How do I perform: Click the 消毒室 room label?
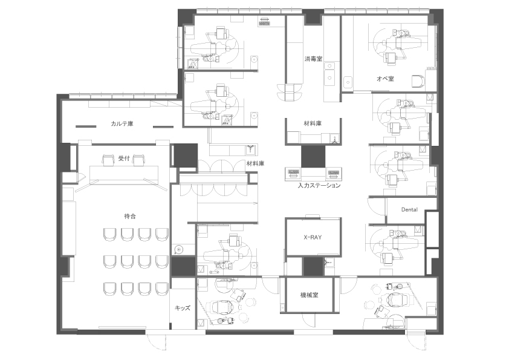[x=313, y=59]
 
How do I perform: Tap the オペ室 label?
[x=385, y=79]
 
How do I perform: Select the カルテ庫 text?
[x=122, y=124]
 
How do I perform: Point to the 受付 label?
[x=124, y=159]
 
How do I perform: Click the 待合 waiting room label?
[x=130, y=216]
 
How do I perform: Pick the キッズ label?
[x=183, y=308]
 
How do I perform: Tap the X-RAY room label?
[x=313, y=238]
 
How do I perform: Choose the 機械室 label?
[x=309, y=295]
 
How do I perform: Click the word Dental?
[x=409, y=210]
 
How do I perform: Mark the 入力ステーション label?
[x=319, y=186]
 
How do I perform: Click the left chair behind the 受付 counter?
[x=108, y=160]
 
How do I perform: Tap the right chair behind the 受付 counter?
[x=139, y=160]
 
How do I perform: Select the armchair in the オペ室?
[x=418, y=81]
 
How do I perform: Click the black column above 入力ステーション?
[x=313, y=157]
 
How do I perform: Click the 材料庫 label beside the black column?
[x=255, y=164]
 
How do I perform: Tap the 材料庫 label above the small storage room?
[x=313, y=123]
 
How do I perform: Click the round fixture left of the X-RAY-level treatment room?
[x=178, y=249]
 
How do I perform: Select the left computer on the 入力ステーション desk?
[x=293, y=173]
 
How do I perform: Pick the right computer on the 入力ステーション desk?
[x=333, y=173]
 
